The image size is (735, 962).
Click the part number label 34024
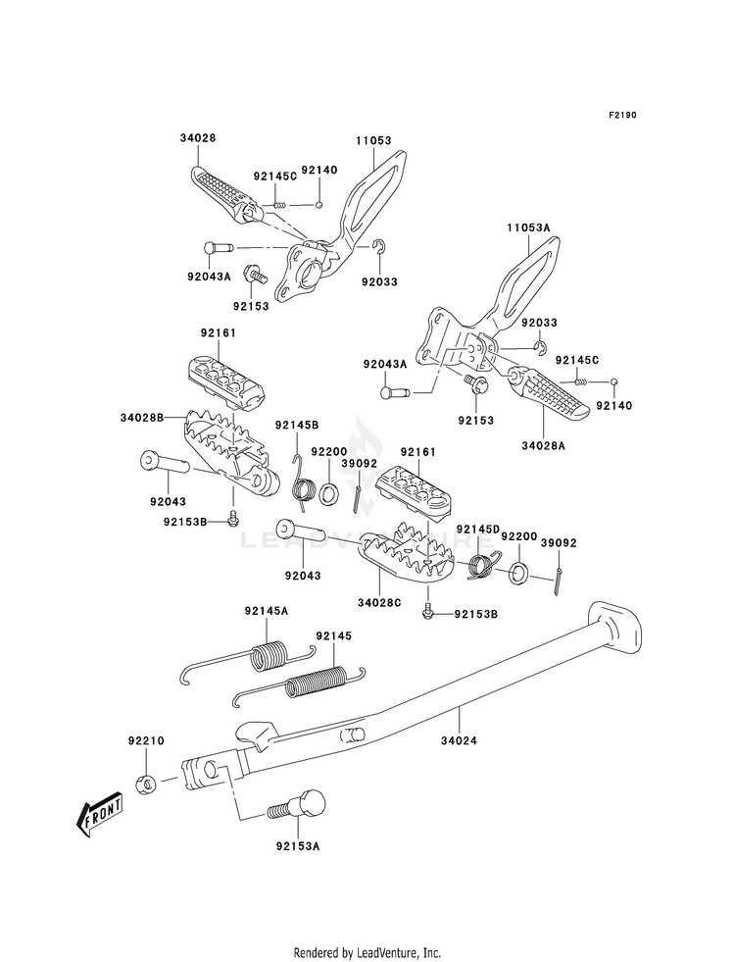tap(459, 740)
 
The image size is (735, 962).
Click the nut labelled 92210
tap(146, 784)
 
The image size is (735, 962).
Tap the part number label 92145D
tap(478, 529)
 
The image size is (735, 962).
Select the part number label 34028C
tap(379, 602)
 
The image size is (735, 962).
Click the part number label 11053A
tap(528, 228)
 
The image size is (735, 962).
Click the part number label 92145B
tap(297, 425)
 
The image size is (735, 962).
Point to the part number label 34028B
tap(141, 418)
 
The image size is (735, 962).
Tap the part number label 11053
tap(373, 140)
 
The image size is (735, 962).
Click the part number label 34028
tap(197, 138)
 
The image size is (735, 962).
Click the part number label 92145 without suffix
tap(334, 636)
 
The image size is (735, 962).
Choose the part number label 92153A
tap(298, 846)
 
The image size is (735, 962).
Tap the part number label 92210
tap(146, 740)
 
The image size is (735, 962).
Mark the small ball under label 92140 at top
tap(318, 204)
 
